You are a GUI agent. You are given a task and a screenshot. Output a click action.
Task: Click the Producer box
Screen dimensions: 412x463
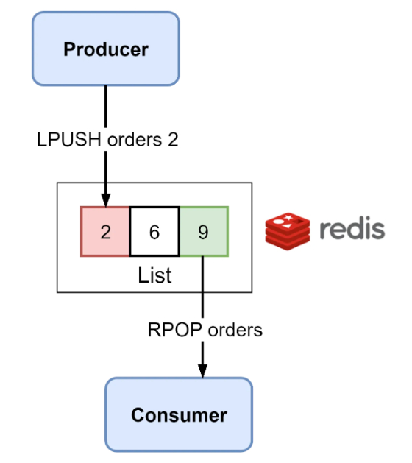click(106, 49)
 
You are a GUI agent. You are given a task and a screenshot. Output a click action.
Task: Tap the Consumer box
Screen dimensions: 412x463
click(179, 414)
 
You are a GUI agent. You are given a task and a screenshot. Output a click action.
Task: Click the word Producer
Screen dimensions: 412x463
click(106, 49)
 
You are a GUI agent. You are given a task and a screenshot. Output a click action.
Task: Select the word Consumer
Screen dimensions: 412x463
click(179, 415)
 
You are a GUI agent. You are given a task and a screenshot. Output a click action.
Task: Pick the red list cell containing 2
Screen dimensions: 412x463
click(105, 231)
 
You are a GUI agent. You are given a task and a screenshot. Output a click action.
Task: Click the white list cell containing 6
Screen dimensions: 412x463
click(154, 231)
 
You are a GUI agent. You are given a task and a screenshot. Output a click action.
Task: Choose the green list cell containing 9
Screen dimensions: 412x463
click(204, 231)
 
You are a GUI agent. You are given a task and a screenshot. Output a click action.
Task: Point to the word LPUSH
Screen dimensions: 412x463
click(68, 139)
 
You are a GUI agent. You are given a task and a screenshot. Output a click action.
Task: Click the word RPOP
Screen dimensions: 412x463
click(174, 330)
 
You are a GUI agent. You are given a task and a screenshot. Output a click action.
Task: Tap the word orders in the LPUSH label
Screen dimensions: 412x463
click(135, 140)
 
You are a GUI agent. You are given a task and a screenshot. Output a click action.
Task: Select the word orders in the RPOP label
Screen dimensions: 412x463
click(235, 330)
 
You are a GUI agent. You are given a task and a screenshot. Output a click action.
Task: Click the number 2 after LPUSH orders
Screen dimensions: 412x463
click(173, 139)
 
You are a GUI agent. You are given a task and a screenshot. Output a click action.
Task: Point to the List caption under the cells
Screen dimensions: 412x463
click(154, 275)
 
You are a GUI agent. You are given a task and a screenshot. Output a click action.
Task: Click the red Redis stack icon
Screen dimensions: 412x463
click(288, 231)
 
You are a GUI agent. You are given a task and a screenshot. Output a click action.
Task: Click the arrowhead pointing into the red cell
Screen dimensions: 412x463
click(106, 200)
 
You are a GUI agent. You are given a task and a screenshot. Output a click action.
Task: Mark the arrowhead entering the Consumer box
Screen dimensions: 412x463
click(202, 371)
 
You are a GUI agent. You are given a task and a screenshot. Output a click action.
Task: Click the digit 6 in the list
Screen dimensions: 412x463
click(154, 232)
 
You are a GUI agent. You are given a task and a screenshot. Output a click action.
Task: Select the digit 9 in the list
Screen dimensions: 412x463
click(203, 232)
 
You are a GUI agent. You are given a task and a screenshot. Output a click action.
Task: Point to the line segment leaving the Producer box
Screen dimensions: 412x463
click(106, 107)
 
